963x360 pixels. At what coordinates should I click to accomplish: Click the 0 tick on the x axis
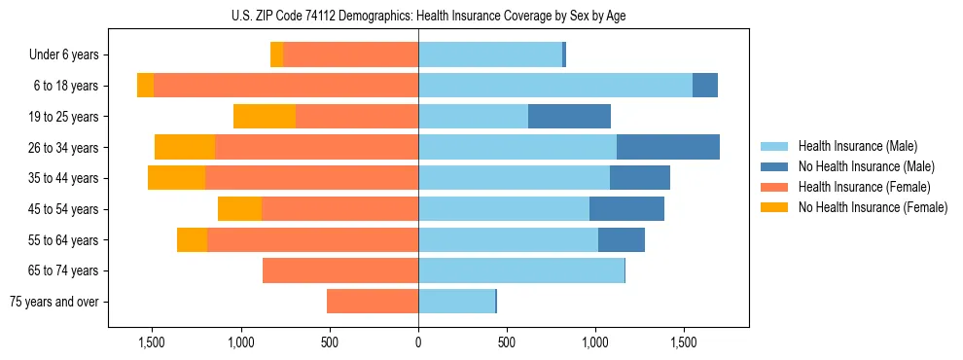418,342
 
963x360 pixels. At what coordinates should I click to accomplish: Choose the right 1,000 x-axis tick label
595,342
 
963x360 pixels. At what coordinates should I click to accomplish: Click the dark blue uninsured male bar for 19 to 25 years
569,117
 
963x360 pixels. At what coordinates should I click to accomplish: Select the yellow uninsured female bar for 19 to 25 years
265,117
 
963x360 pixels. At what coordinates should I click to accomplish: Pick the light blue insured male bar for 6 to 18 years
554,86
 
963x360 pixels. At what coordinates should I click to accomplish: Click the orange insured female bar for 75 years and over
373,302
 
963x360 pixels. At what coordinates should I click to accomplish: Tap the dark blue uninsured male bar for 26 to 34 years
668,147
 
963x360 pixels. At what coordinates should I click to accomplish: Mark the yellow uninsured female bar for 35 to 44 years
176,178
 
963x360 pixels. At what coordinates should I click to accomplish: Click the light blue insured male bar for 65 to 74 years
520,270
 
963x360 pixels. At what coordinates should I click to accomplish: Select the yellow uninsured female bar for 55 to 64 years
192,239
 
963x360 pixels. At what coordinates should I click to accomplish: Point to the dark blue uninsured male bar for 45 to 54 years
626,209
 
